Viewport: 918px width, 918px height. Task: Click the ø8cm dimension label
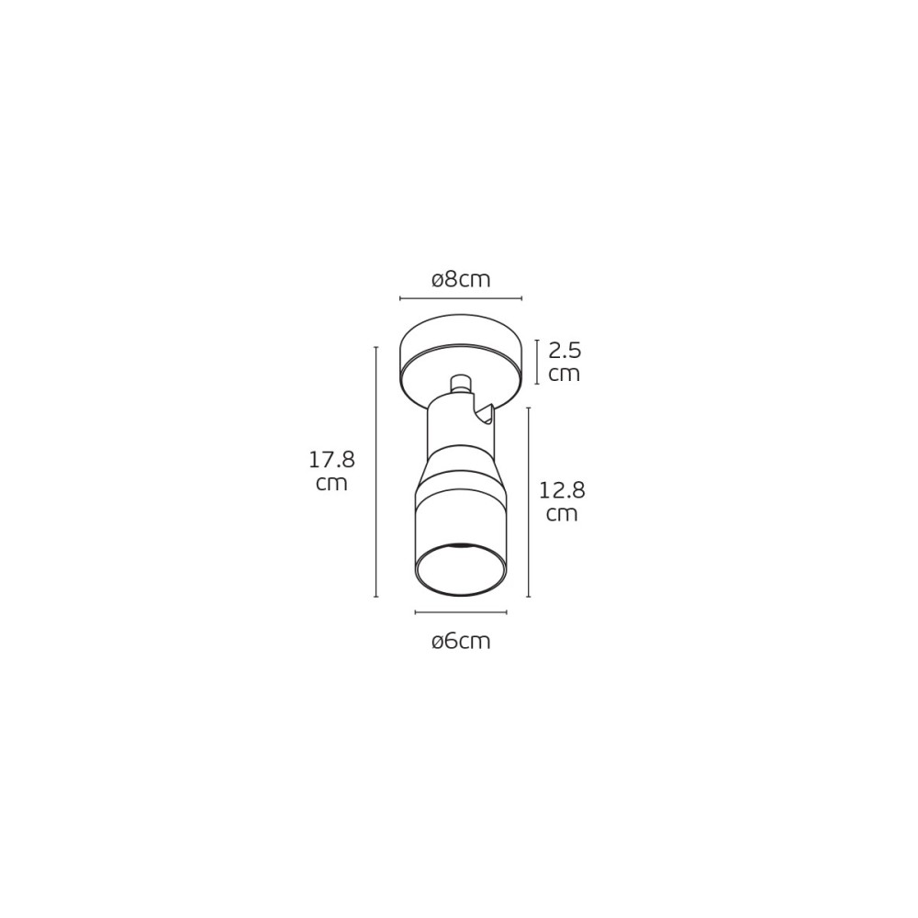(x=461, y=280)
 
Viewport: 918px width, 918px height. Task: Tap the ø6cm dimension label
(x=461, y=642)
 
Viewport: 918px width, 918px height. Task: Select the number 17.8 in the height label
(x=332, y=460)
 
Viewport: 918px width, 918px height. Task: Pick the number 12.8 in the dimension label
(x=562, y=490)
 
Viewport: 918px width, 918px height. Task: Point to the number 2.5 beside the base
(x=565, y=351)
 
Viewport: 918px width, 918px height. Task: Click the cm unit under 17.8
(x=332, y=484)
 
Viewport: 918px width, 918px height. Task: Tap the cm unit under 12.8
(x=562, y=515)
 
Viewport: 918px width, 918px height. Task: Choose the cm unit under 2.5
(x=565, y=375)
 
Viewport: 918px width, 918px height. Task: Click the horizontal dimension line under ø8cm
(x=461, y=298)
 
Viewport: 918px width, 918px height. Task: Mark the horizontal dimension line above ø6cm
(x=461, y=612)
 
